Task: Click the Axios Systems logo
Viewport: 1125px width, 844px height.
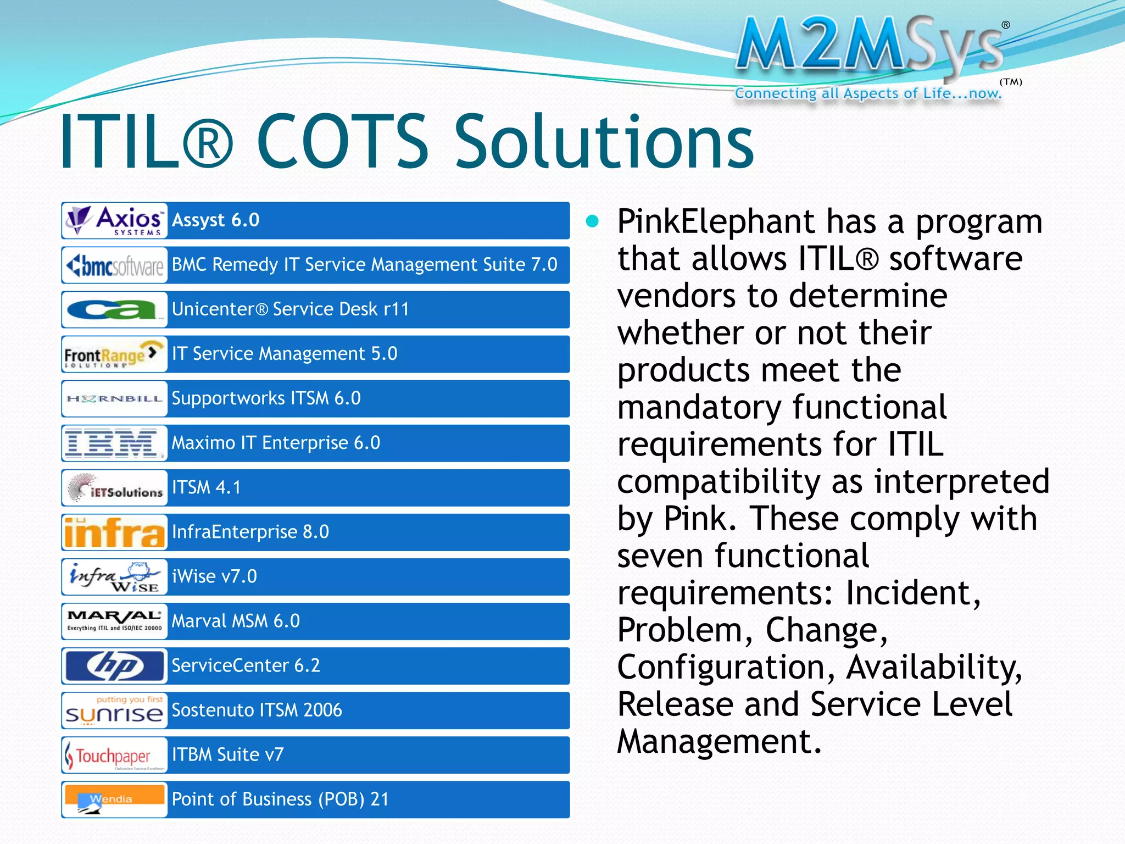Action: pos(114,220)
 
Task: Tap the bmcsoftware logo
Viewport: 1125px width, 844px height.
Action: pos(114,265)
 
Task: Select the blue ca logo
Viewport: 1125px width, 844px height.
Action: pos(113,310)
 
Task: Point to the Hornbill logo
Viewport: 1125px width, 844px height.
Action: pos(114,399)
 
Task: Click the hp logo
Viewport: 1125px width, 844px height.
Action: pos(114,666)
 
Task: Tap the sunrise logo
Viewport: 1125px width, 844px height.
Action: pos(114,711)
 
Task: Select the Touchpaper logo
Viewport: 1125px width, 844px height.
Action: pos(114,756)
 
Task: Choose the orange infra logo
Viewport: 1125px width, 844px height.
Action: pos(114,532)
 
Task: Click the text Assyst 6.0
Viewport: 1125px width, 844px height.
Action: pos(215,220)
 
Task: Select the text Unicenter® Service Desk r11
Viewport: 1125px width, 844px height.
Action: pos(291,309)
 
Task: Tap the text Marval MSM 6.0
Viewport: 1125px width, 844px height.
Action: pos(236,621)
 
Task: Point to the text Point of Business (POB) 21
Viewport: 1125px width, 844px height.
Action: pos(280,799)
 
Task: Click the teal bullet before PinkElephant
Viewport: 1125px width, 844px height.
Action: pos(592,221)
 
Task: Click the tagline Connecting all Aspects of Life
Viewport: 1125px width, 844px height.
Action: pos(868,94)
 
